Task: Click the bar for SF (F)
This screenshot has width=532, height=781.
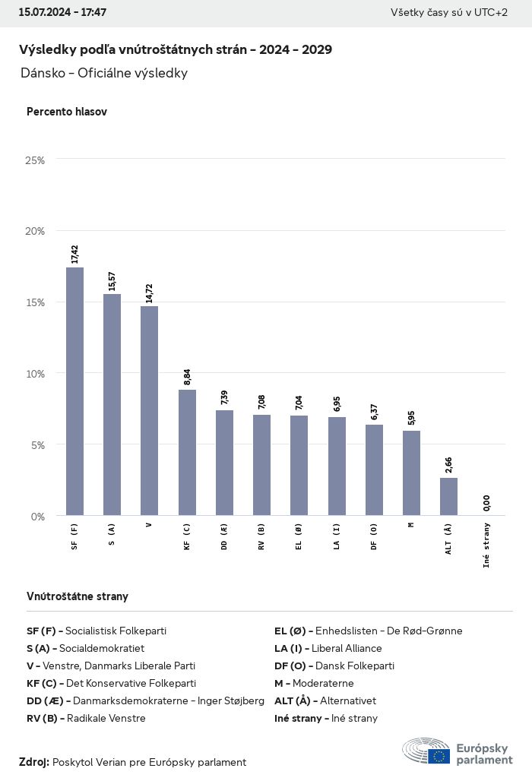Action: pyautogui.click(x=74, y=391)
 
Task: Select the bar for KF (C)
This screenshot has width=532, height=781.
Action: pyautogui.click(x=187, y=452)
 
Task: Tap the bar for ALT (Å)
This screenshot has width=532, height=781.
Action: pyautogui.click(x=448, y=496)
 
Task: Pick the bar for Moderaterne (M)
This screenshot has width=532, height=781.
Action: pyautogui.click(x=411, y=473)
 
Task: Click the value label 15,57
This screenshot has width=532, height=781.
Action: pyautogui.click(x=112, y=278)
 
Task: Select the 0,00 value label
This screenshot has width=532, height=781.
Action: pyautogui.click(x=486, y=502)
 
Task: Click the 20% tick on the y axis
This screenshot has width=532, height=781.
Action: pyautogui.click(x=35, y=231)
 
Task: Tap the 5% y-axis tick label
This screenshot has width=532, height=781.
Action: pyautogui.click(x=38, y=445)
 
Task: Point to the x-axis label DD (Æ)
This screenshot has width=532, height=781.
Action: pyautogui.click(x=224, y=536)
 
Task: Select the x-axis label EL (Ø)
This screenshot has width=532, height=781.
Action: pyautogui.click(x=299, y=536)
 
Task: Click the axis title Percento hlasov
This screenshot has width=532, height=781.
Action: pyautogui.click(x=67, y=112)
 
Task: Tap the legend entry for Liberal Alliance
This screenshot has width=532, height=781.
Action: pyautogui.click(x=328, y=648)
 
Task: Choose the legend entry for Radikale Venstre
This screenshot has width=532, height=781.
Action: pyautogui.click(x=86, y=718)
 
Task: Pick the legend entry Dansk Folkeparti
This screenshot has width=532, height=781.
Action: pyautogui.click(x=334, y=666)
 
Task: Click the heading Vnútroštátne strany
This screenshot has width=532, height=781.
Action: pyautogui.click(x=78, y=596)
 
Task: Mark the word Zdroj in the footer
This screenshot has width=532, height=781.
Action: pyautogui.click(x=34, y=762)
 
